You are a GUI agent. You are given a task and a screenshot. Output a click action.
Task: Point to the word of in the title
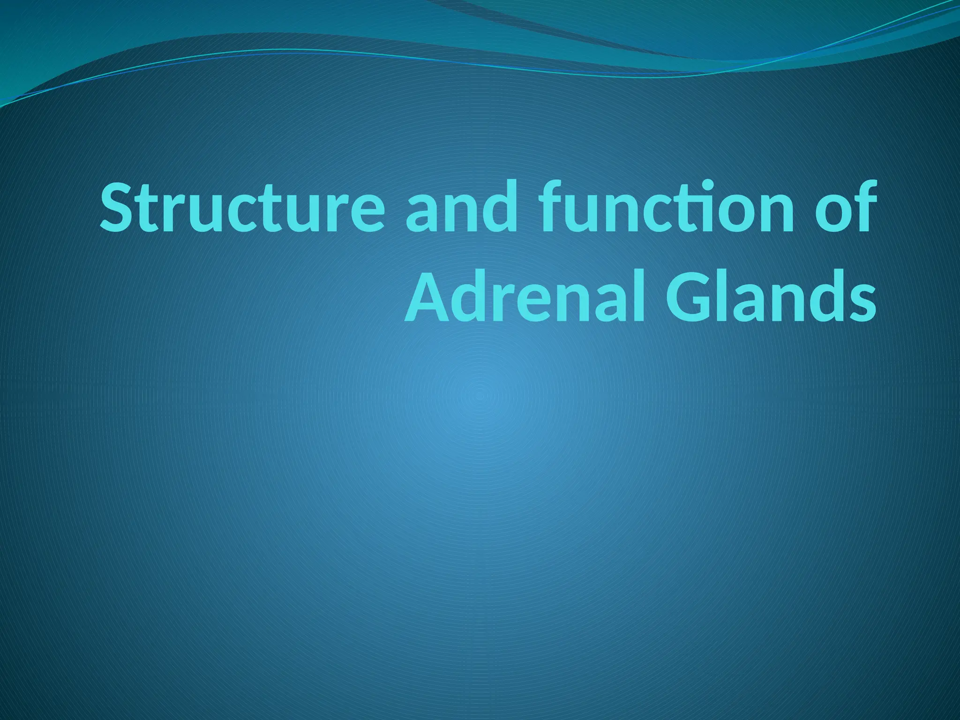point(844,209)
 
